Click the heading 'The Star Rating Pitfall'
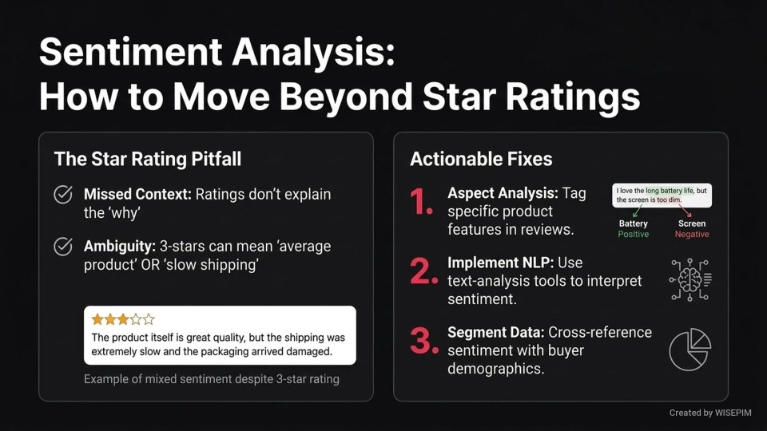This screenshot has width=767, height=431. (147, 159)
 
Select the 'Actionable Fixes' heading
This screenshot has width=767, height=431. (481, 159)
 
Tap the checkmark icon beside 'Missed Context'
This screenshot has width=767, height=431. (62, 195)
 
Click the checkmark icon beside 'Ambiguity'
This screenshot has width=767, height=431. (62, 247)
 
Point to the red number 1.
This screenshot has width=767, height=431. (420, 204)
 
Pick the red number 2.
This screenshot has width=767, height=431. (420, 271)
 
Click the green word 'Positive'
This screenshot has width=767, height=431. (634, 235)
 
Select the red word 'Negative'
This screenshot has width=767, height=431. (692, 235)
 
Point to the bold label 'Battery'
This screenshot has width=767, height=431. (634, 224)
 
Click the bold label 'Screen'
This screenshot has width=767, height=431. (692, 224)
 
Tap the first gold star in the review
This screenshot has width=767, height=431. (97, 319)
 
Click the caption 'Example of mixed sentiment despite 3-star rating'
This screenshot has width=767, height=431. (212, 378)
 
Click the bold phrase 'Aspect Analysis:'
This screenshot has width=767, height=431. (503, 194)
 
